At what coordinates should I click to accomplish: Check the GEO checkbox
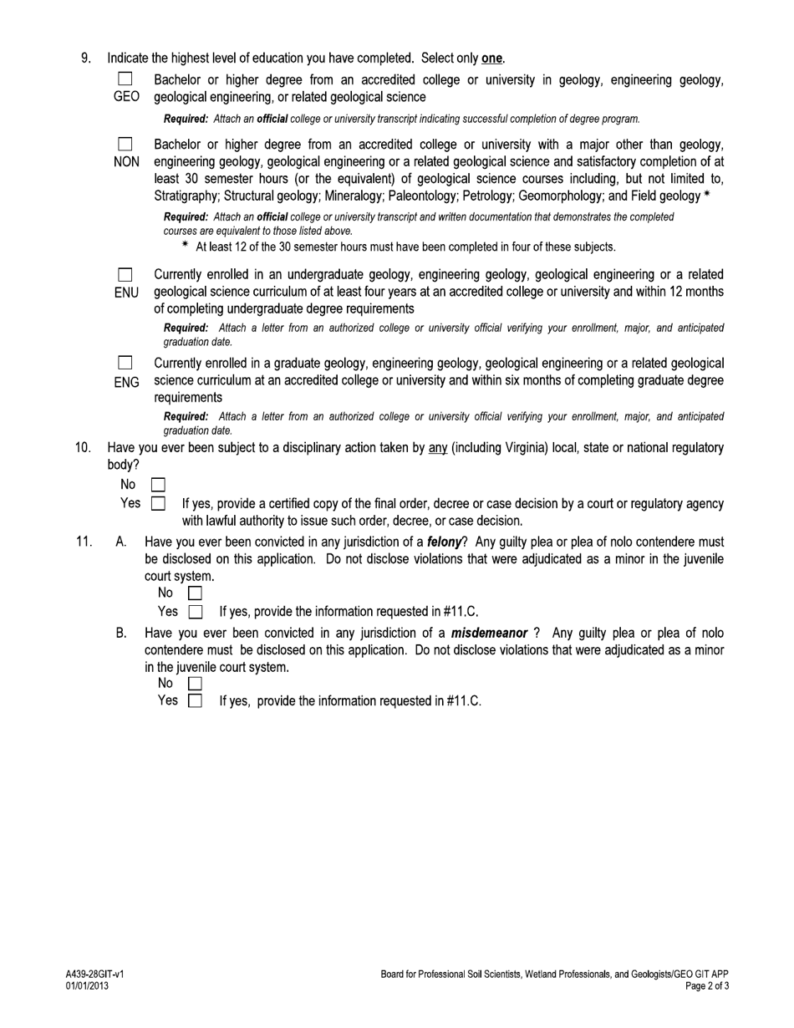point(125,79)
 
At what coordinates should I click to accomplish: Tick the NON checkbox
point(125,145)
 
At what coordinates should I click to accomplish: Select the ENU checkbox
point(125,275)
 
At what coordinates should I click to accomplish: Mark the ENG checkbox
point(125,364)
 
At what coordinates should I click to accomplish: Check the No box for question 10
point(158,485)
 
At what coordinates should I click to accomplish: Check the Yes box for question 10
point(158,504)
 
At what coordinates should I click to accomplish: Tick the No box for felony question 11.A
point(195,593)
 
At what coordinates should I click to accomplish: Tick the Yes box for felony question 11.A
point(195,612)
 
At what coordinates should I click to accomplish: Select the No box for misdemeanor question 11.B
point(195,684)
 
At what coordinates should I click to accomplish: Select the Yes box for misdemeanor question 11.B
point(195,701)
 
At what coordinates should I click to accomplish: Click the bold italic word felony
point(445,542)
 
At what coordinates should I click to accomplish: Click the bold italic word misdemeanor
point(489,634)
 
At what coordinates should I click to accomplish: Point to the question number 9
point(85,59)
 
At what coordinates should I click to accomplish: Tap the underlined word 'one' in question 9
point(491,59)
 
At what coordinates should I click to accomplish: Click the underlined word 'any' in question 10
point(438,448)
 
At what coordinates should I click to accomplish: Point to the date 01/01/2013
point(87,986)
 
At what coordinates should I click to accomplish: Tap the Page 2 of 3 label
point(707,986)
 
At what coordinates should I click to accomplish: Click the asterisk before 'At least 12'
point(186,247)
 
